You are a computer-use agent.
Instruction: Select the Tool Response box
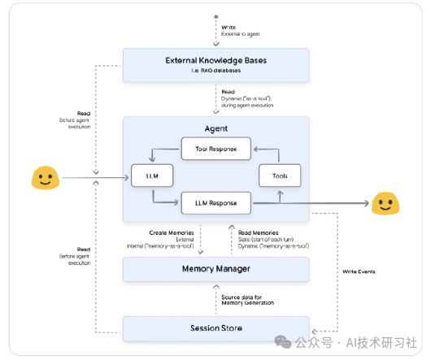215,148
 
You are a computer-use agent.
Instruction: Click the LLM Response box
215,201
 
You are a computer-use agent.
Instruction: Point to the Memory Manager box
215,268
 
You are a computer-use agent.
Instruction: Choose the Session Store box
215,328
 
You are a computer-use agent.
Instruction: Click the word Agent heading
215,128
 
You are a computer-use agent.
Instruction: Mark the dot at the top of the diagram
215,15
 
